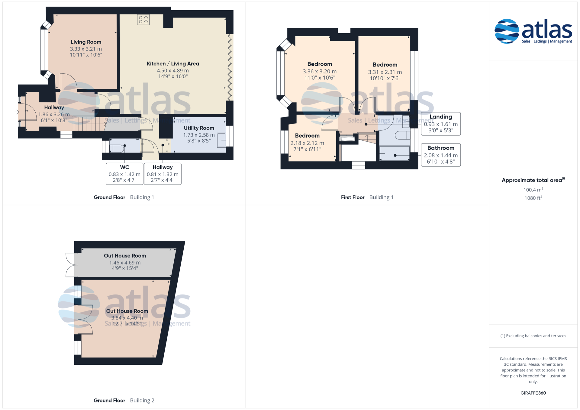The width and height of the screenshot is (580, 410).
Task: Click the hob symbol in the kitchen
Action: pos(143,20)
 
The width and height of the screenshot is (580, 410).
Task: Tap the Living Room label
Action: pos(86,42)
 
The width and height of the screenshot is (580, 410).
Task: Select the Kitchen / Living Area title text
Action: pos(173,64)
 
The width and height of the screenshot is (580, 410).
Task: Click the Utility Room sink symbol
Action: pos(221,140)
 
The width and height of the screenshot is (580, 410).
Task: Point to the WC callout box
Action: pos(124,174)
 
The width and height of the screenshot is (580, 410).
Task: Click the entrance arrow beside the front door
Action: pos(17,112)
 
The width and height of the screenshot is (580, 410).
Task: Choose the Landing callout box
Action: pos(441,123)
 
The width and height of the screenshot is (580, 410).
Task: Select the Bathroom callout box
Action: pos(441,155)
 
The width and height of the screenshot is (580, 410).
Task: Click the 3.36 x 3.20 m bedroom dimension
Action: pos(320,72)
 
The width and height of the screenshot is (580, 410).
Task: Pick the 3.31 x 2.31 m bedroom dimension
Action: pos(385,72)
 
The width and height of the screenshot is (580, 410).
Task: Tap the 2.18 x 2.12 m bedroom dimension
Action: pos(307,143)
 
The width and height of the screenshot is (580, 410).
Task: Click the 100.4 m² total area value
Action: pos(533,190)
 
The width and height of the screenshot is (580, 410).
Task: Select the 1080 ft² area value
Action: pos(533,198)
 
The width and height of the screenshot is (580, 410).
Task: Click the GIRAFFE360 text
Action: pos(533,393)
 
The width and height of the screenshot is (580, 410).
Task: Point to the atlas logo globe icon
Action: pos(507,31)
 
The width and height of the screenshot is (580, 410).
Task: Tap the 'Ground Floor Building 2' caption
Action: pos(124,400)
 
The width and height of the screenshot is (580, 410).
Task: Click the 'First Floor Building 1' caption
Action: pos(367,197)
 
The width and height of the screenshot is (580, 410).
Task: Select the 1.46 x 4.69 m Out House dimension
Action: pos(125,263)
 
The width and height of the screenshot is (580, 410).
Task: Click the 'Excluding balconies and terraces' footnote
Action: pos(533,336)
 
